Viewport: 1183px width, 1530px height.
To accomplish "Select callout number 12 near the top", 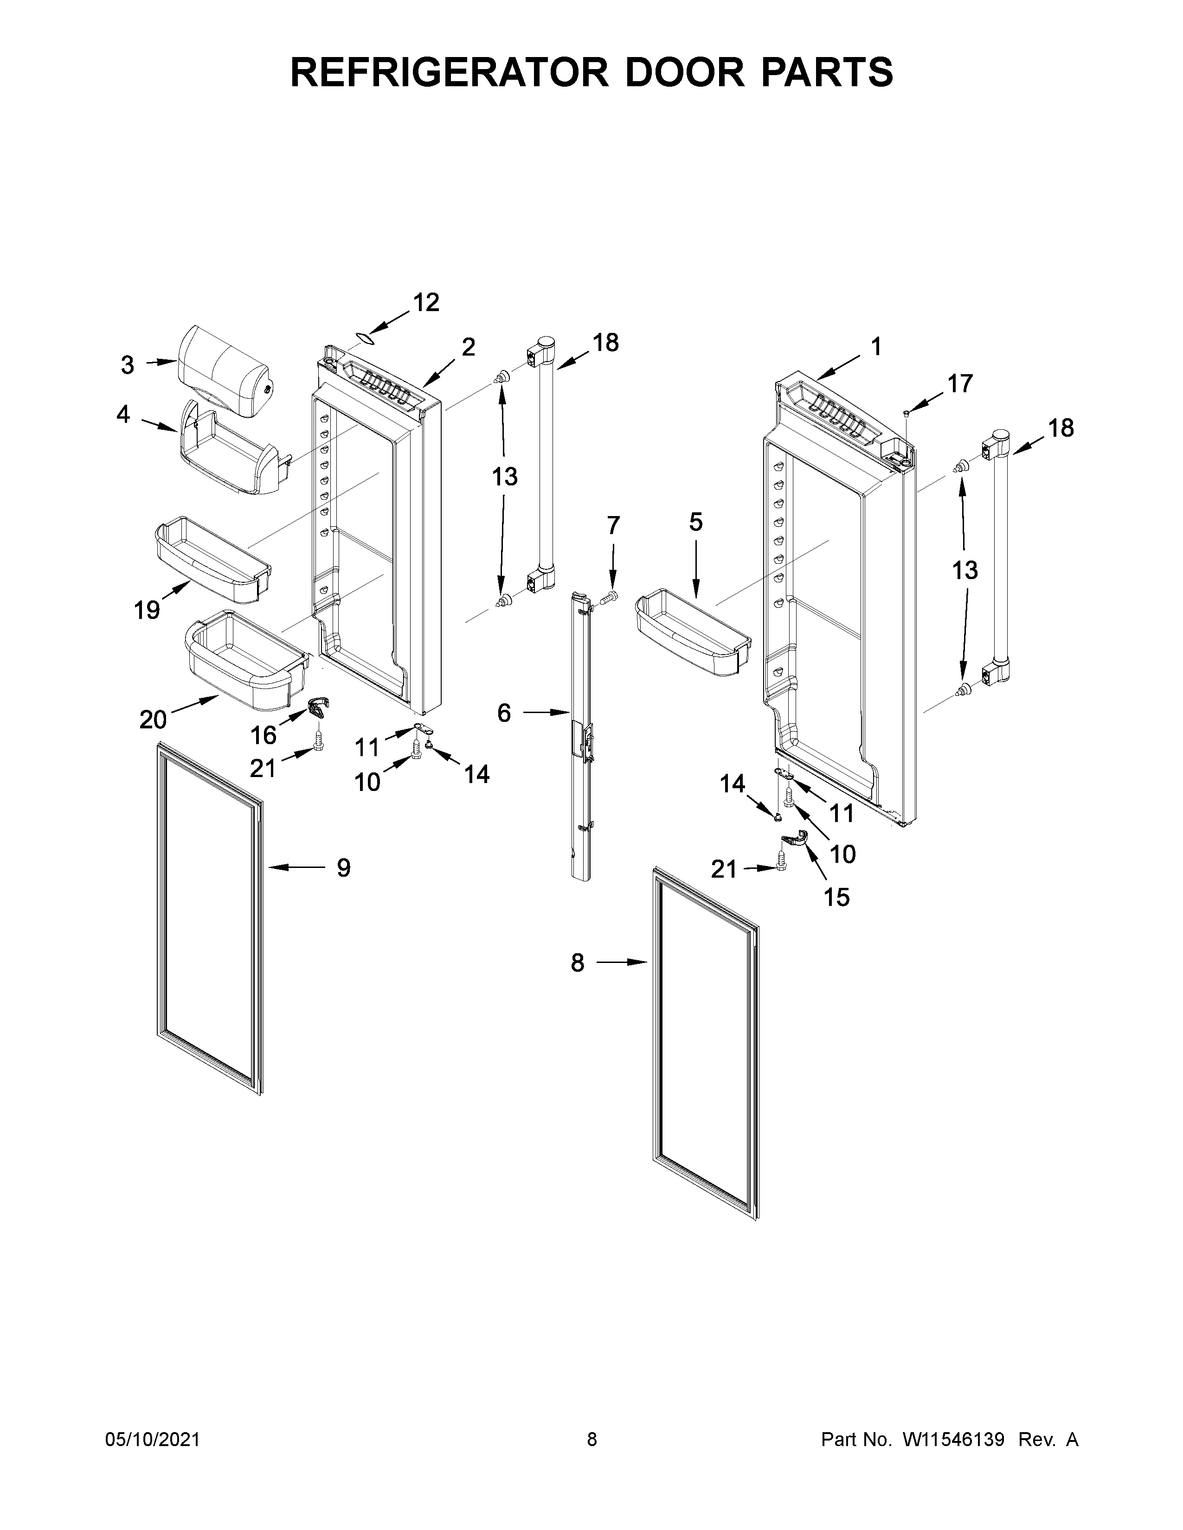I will pos(425,303).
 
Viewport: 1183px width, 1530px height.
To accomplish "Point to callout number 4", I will pos(123,415).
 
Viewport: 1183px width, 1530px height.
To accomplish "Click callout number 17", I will pos(960,384).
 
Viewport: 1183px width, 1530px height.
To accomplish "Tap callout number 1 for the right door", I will pos(875,347).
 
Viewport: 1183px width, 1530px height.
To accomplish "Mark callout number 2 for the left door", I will pos(468,347).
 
